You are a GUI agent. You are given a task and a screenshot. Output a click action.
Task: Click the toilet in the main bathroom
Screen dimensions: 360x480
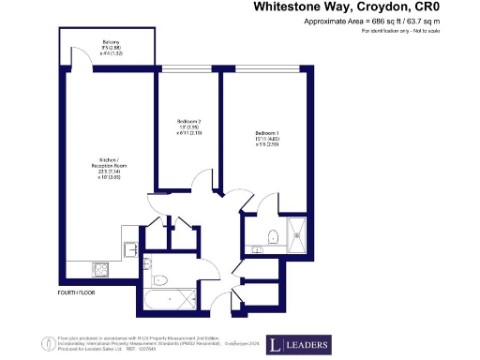160,278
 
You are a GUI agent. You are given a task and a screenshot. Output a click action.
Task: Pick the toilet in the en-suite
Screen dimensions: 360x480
270,236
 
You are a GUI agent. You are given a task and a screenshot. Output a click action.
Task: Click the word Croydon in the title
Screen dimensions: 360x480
382,7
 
